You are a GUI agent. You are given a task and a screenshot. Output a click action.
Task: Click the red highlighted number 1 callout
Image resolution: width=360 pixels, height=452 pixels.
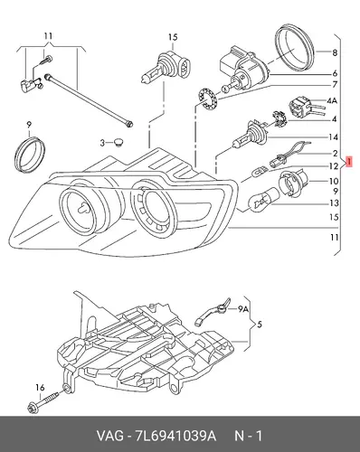pos(349,162)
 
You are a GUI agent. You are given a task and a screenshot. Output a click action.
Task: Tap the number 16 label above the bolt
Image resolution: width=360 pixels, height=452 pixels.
pos(40,388)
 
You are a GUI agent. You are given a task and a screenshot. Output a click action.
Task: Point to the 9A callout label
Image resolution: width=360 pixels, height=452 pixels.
pos(243,308)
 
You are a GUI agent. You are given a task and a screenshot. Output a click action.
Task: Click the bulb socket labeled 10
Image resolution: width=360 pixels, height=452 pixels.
pos(294,183)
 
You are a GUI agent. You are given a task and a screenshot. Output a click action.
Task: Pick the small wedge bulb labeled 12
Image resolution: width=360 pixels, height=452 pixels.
pos(260,174)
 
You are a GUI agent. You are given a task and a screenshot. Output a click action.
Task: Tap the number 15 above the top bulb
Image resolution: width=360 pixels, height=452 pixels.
pos(173,37)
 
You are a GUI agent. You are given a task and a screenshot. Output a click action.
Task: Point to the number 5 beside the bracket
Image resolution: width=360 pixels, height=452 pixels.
pos(260,325)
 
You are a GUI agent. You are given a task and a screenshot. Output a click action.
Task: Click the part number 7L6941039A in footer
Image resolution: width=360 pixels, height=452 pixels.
pos(175,436)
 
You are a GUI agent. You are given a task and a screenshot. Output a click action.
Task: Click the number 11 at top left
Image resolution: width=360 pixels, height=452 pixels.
pos(48,36)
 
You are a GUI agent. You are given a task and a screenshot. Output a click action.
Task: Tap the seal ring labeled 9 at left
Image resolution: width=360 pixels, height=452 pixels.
pos(30,155)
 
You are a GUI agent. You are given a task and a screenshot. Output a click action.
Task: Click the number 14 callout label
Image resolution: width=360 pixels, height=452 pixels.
pos(333,137)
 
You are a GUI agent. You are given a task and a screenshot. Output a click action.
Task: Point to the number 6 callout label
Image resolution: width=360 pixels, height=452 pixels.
pos(335,73)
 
